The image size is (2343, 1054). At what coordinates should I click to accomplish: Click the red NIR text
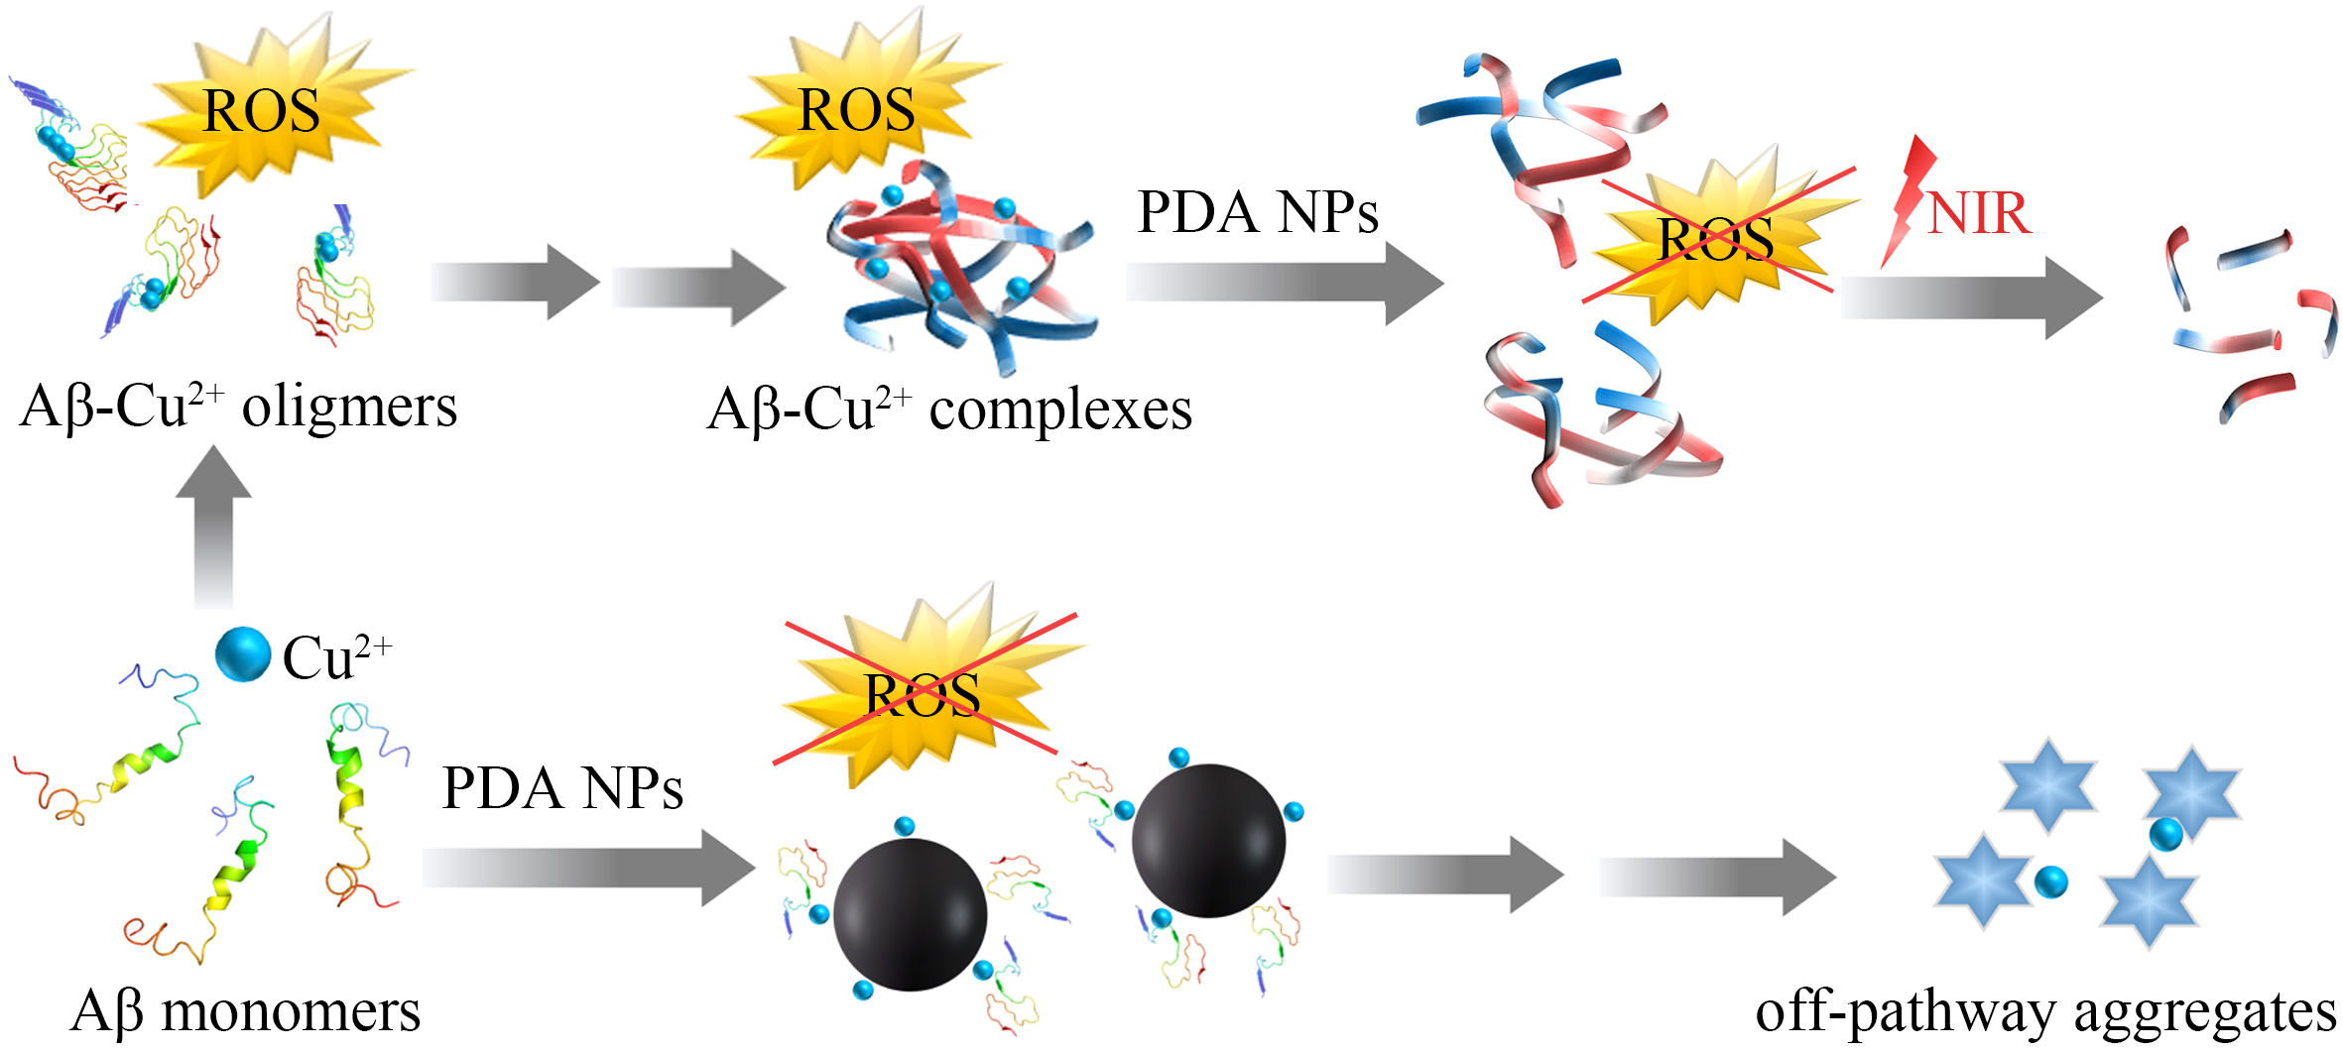click(1979, 213)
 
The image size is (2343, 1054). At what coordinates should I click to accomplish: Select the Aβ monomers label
click(246, 1011)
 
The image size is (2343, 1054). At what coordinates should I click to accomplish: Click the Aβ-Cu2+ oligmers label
click(238, 407)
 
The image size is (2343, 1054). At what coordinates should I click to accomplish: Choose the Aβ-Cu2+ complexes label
click(949, 410)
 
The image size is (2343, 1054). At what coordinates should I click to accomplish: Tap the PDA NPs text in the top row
click(1257, 212)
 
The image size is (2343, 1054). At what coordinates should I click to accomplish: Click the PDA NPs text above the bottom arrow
click(562, 789)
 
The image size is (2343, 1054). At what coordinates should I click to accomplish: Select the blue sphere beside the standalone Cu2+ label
click(243, 655)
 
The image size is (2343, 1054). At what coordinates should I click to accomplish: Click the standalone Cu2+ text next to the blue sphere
click(337, 656)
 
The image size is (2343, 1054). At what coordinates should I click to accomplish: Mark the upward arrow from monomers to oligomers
click(213, 526)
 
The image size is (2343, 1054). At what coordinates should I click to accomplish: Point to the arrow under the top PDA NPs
click(1284, 283)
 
